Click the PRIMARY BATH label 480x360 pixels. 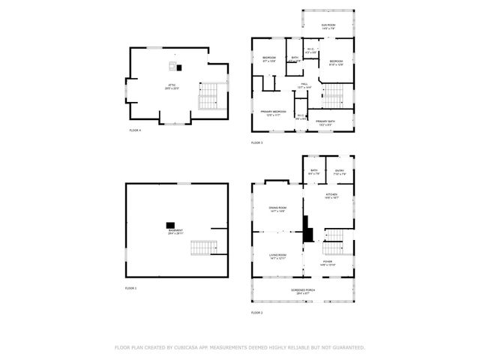tap(325, 122)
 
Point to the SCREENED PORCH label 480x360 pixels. tap(303, 290)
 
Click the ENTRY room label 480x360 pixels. tap(340, 172)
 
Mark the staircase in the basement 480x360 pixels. tap(202, 247)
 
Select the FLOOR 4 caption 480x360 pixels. tap(134, 130)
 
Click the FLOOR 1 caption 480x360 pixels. tap(130, 288)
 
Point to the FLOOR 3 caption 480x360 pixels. tap(256, 142)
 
